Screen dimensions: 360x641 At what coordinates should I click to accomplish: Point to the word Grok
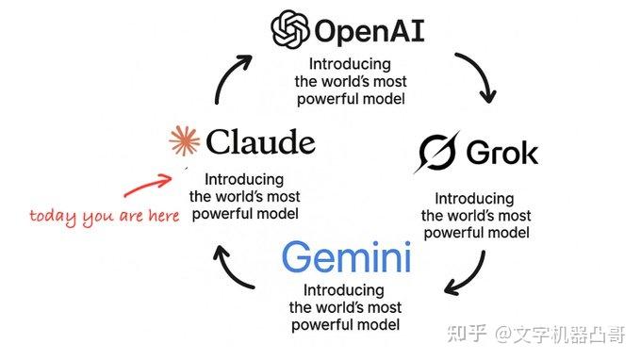(502, 153)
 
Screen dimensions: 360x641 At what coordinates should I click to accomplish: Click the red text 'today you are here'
(104, 216)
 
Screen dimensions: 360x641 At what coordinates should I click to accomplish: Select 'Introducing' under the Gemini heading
(344, 289)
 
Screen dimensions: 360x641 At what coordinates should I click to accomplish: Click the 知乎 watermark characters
(468, 332)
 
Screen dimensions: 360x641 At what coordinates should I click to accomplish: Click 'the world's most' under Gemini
(344, 306)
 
